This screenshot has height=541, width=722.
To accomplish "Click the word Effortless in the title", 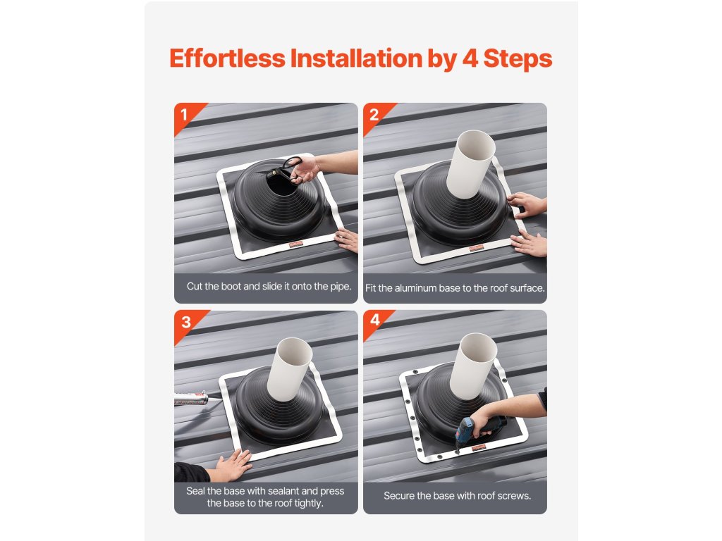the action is tap(228, 58).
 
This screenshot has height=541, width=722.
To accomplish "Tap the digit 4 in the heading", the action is tap(470, 58).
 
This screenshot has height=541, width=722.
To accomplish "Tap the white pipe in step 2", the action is tap(470, 164).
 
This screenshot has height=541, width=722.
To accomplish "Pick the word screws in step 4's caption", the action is tap(515, 496).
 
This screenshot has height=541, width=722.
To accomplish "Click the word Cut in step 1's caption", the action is tap(195, 286).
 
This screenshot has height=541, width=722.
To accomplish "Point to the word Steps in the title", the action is tap(518, 59).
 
